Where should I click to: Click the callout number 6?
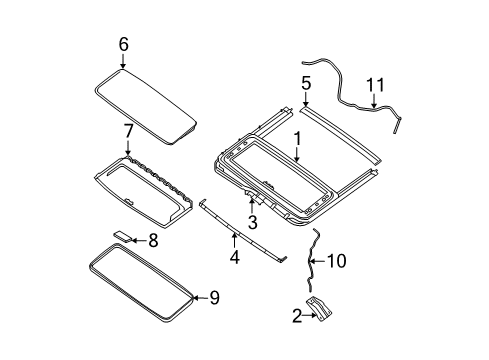[123, 44]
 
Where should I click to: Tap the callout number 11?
[375, 85]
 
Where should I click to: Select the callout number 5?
[306, 83]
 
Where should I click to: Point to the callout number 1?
[297, 139]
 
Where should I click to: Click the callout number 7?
[128, 131]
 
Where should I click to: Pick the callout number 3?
[253, 222]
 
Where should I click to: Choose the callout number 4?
[235, 257]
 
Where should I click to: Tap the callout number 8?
[153, 240]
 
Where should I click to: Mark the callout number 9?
[214, 298]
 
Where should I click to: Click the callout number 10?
[337, 261]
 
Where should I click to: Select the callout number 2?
[297, 316]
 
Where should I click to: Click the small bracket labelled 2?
[320, 309]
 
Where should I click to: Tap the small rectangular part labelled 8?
[123, 236]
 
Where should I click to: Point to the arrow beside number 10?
[318, 261]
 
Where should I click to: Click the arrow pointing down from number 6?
[123, 61]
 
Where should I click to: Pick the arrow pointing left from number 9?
[200, 298]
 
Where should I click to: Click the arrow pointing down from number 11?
[374, 101]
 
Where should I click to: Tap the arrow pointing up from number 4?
[234, 241]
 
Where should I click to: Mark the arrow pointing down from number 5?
[306, 99]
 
